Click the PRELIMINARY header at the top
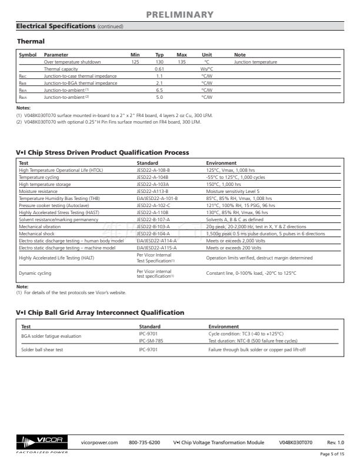180,14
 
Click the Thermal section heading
31,41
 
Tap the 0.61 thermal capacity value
159,69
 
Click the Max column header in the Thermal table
182,55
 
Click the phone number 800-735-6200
144,442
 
